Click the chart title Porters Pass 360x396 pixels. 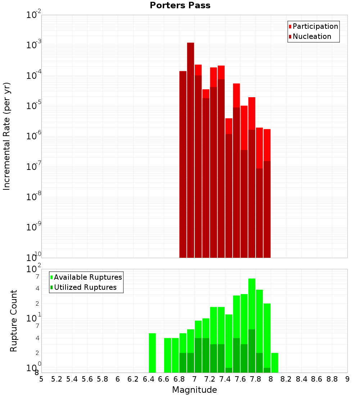(180, 5)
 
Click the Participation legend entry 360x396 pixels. (315, 26)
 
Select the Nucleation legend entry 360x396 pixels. (312, 36)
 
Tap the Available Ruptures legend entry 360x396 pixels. (88, 277)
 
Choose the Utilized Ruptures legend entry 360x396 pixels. (85, 287)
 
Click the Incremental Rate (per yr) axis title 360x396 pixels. (6, 136)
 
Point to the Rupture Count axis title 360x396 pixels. (14, 320)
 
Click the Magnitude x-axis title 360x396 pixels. (194, 390)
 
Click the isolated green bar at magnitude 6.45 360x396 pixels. (152, 353)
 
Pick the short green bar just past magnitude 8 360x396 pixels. (275, 363)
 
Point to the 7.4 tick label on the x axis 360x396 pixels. (225, 379)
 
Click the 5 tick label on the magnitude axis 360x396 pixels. (41, 379)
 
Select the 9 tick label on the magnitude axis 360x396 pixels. (347, 379)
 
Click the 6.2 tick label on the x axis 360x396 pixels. (133, 379)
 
